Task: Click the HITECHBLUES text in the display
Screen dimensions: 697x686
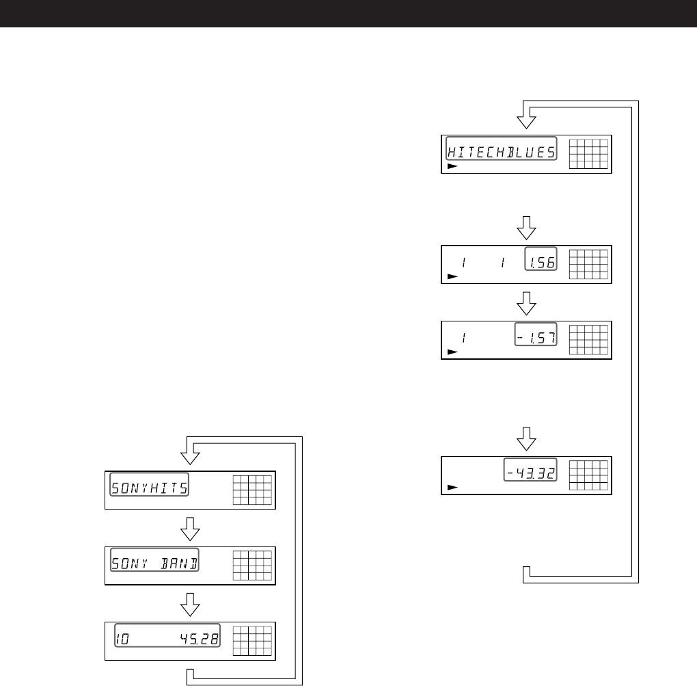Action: pyautogui.click(x=501, y=151)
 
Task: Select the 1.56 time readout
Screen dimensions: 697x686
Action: pyautogui.click(x=541, y=261)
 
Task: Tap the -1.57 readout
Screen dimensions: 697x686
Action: pyautogui.click(x=536, y=337)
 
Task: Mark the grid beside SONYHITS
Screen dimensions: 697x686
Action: pyautogui.click(x=252, y=489)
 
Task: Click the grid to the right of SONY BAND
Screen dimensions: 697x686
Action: pyautogui.click(x=252, y=565)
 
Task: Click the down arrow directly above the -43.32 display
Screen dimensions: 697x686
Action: pyautogui.click(x=525, y=439)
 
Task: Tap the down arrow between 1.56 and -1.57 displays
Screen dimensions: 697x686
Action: pyautogui.click(x=525, y=302)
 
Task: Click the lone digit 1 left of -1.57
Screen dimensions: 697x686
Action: pyautogui.click(x=464, y=337)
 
